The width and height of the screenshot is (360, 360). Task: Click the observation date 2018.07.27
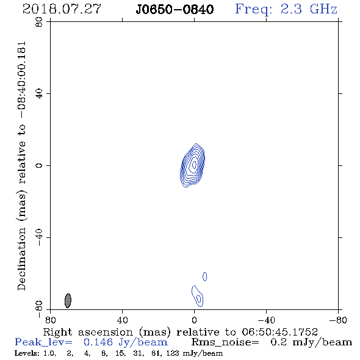[62, 9]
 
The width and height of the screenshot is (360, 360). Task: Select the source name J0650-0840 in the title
[175, 10]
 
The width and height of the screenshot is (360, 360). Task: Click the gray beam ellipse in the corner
[68, 301]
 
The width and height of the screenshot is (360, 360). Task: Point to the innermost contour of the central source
[194, 164]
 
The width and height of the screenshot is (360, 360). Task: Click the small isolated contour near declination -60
[205, 276]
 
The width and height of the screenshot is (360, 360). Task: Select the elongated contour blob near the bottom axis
[198, 296]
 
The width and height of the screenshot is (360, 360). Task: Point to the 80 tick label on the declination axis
[39, 22]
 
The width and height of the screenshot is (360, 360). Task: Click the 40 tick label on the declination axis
[39, 94]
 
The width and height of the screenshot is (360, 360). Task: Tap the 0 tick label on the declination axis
[39, 165]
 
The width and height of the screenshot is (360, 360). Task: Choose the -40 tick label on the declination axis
[39, 237]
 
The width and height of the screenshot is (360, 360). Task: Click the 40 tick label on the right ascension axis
[122, 320]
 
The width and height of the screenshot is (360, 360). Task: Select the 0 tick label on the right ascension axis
[194, 320]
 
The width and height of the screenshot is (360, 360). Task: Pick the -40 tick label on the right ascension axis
[266, 320]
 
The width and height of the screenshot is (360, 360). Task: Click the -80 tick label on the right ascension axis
[338, 320]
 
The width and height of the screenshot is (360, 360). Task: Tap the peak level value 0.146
[98, 342]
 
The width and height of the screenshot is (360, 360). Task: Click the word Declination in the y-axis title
[21, 260]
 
